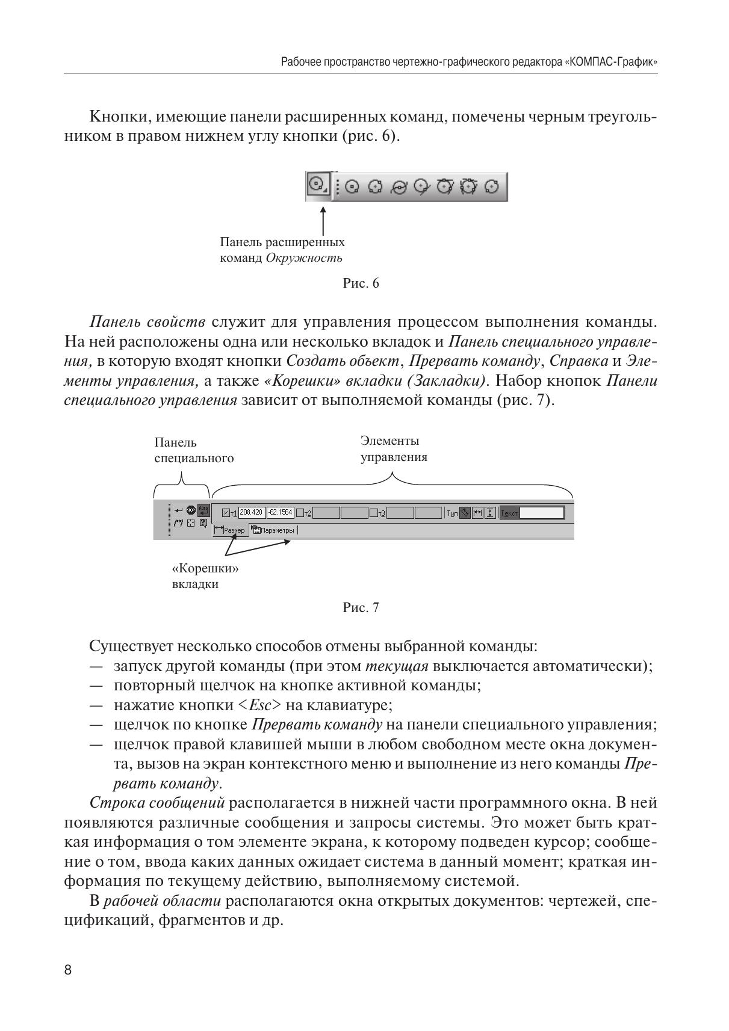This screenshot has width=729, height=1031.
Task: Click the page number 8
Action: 68,970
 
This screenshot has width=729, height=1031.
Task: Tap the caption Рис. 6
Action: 361,283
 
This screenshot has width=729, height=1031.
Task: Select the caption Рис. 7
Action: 361,608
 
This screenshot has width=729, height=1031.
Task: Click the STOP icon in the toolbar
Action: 191,510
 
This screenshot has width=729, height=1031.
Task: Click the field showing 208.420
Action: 251,512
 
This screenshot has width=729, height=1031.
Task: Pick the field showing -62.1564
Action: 280,512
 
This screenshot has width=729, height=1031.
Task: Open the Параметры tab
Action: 274,530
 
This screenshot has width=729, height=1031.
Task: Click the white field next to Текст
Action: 541,513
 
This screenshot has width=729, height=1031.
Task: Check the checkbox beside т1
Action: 226,513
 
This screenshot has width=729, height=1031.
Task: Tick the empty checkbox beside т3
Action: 374,513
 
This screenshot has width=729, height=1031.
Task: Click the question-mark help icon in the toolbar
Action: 203,522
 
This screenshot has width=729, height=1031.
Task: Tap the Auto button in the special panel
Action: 203,509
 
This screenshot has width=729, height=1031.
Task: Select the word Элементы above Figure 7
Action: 389,441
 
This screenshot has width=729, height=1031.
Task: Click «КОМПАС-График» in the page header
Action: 610,62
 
